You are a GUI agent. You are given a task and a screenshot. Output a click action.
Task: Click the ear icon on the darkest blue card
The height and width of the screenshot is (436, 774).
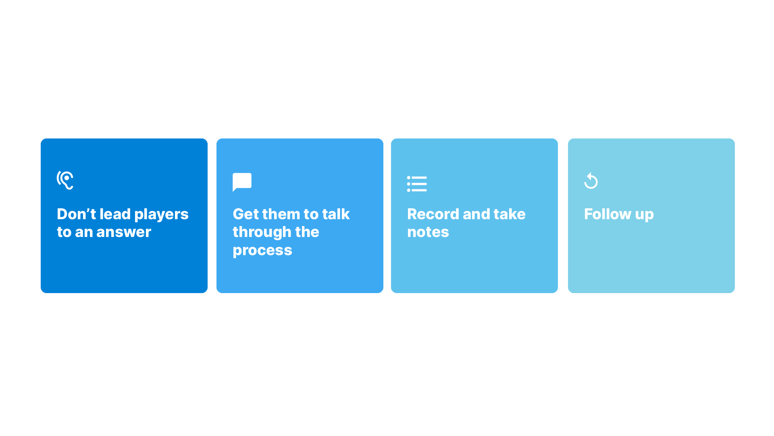coord(65,180)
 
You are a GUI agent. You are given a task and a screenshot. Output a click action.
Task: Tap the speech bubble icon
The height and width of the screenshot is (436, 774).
coord(242,182)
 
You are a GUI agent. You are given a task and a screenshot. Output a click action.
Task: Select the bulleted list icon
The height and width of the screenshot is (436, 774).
coord(417,184)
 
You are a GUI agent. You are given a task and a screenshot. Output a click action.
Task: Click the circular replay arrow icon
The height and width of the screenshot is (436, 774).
coord(591,180)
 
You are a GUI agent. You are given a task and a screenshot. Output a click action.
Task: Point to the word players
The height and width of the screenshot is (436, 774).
coord(161,215)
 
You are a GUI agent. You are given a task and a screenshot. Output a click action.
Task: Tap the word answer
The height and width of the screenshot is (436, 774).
coord(124,232)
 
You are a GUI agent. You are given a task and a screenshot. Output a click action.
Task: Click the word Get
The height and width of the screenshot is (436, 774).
coord(246,214)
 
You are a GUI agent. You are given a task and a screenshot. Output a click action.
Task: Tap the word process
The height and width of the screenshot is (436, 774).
coord(262,251)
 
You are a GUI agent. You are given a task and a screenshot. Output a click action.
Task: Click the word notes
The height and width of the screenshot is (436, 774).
coord(428,232)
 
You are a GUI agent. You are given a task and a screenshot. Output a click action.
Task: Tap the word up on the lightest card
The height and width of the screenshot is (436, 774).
coord(644,215)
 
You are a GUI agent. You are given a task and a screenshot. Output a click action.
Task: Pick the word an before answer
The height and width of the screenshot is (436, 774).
coord(84,233)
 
